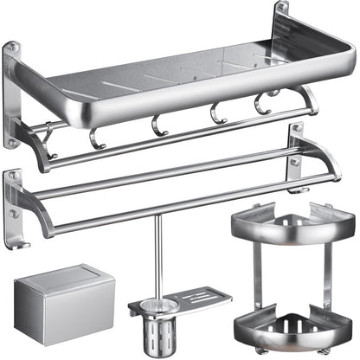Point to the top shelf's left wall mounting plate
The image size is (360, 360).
tap(11, 95)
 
